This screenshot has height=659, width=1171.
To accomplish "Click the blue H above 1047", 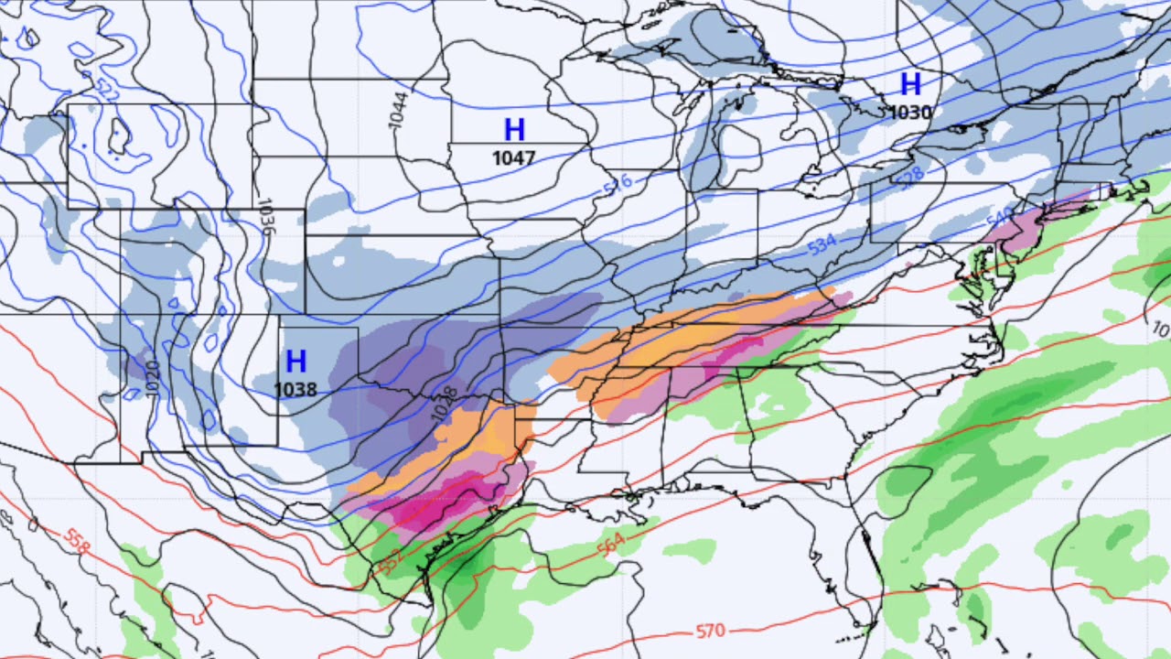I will tap(514, 130).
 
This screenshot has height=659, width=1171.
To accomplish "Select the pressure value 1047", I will tap(513, 158).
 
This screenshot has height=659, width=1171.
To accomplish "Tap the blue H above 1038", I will tap(295, 361).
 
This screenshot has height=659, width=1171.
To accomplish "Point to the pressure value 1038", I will tap(295, 390).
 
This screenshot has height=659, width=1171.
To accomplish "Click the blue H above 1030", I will tap(910, 84).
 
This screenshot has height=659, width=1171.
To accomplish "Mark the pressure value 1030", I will tap(910, 113).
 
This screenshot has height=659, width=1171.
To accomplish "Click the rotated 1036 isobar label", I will tap(265, 218).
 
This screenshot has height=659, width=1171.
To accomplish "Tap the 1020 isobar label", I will tap(153, 378).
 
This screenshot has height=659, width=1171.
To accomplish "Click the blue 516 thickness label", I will tap(618, 184).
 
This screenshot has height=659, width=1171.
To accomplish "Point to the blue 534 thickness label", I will tap(822, 244).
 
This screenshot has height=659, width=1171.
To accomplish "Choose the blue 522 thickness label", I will tap(107, 89).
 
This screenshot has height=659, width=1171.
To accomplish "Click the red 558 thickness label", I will tap(78, 541).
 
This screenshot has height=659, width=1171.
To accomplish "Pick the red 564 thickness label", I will tap(610, 543).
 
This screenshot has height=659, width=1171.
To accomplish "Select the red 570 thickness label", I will tap(711, 631).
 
